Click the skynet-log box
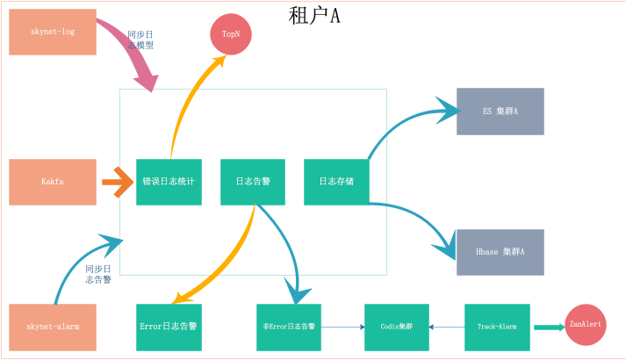click(x=53, y=32)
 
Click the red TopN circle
click(x=231, y=34)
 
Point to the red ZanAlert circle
click(x=586, y=324)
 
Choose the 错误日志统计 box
click(x=169, y=182)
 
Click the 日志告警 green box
click(x=253, y=182)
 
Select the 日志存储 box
click(x=336, y=182)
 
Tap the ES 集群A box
click(x=500, y=112)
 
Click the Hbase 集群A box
click(x=500, y=252)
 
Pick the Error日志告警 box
click(x=169, y=327)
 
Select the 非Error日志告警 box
click(x=289, y=327)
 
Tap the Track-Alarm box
click(x=497, y=327)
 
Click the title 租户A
click(x=313, y=15)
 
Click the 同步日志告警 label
click(x=98, y=274)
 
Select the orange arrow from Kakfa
click(x=117, y=182)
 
